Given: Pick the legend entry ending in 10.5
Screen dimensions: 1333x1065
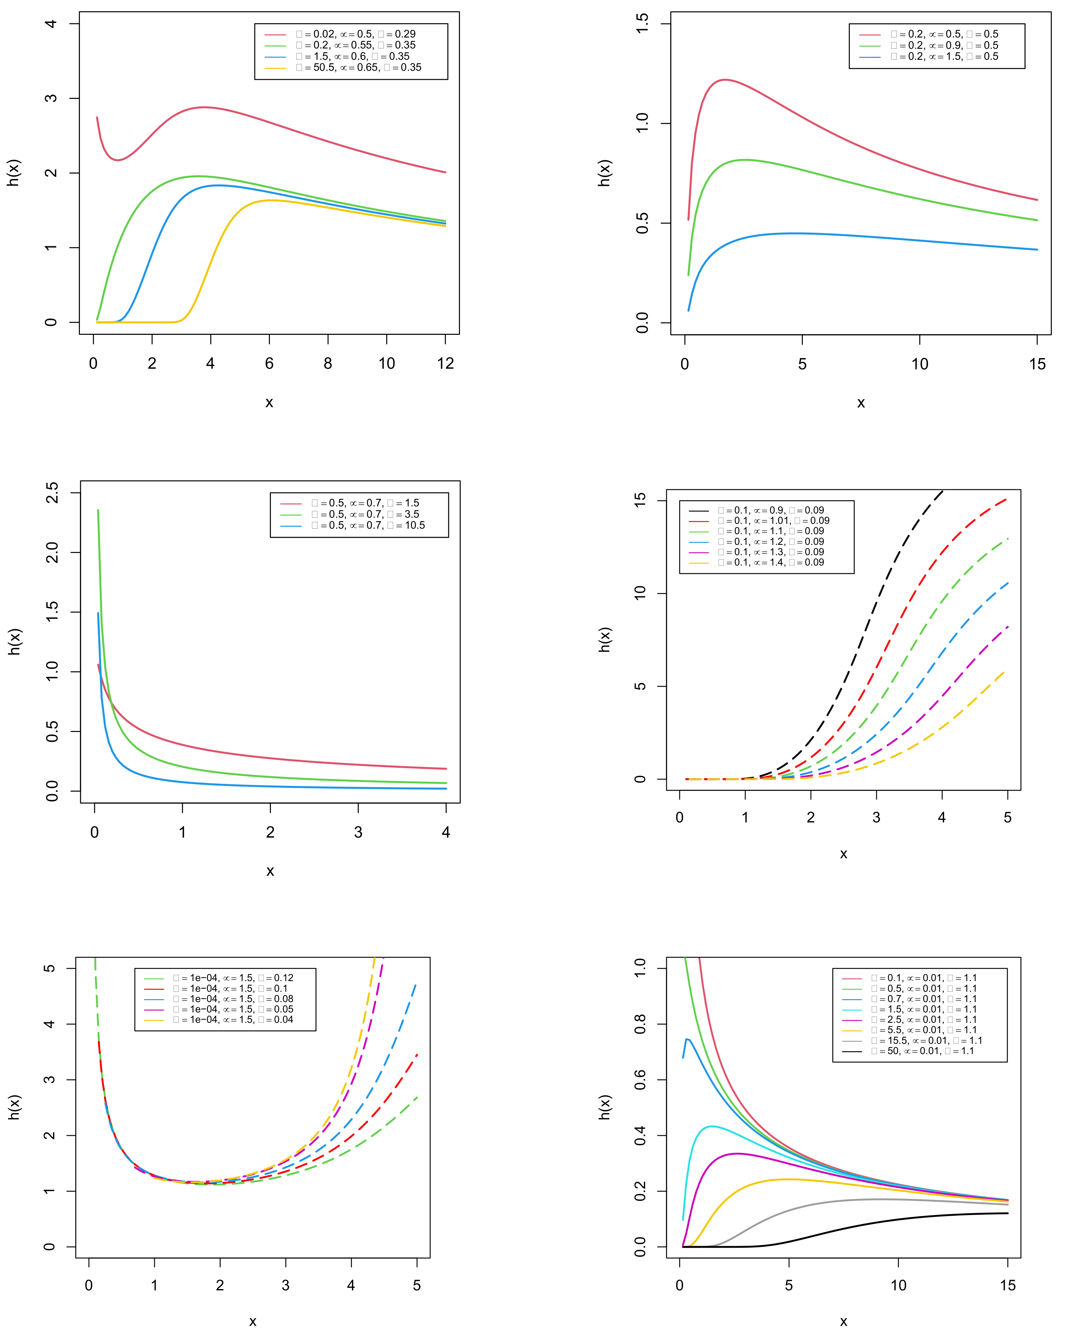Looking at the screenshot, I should pyautogui.click(x=368, y=525).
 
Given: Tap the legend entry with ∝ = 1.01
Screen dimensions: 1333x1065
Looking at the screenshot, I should pyautogui.click(x=773, y=521).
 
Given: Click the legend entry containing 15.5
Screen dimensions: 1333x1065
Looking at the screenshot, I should pyautogui.click(x=926, y=1041).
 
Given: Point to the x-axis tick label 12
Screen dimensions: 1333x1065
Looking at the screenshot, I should pyautogui.click(x=445, y=364).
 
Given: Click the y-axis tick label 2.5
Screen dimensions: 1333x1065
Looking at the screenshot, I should pyautogui.click(x=52, y=493).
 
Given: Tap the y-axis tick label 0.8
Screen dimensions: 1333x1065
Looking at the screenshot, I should pyautogui.click(x=641, y=1024).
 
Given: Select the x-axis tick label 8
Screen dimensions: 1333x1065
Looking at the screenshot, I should pyautogui.click(x=328, y=364).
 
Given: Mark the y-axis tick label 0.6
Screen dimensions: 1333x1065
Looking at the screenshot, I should pyautogui.click(x=641, y=1080).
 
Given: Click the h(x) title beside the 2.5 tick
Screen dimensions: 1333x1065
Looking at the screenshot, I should pyautogui.click(x=15, y=642).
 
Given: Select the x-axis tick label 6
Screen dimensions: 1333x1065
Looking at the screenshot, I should pyautogui.click(x=269, y=364).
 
